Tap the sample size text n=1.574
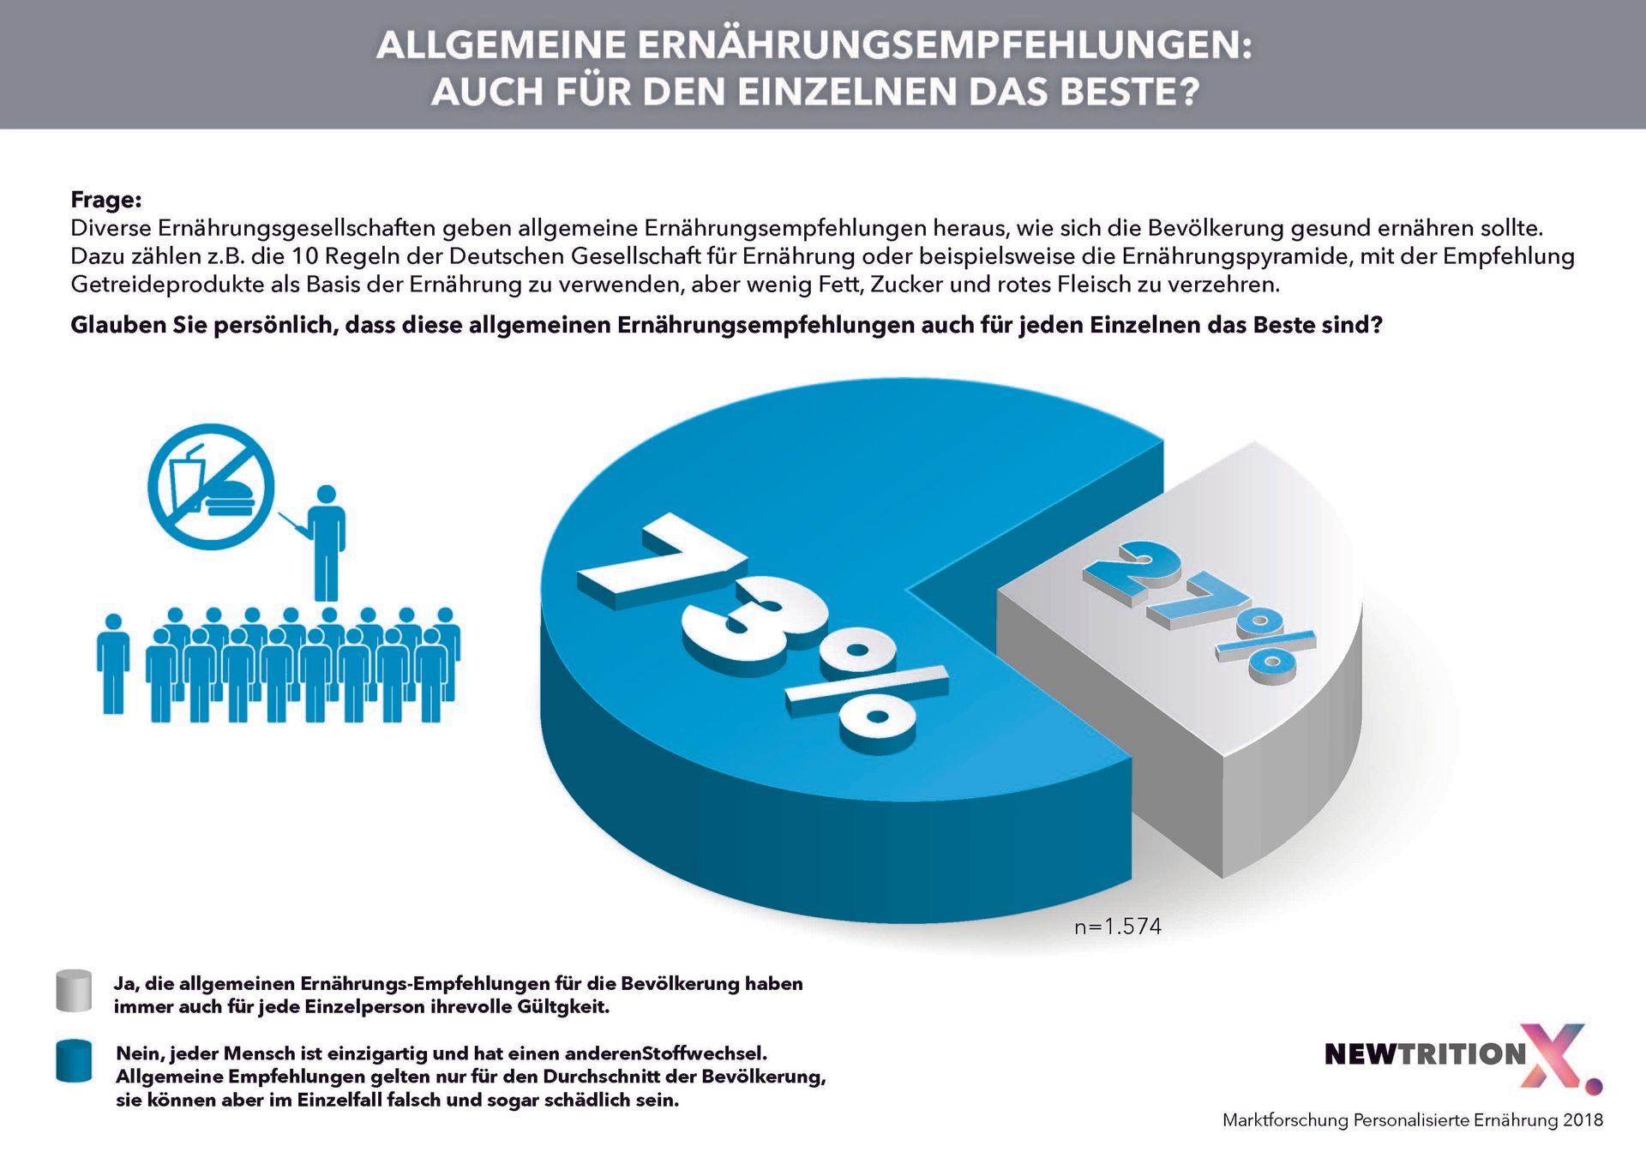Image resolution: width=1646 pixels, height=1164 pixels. pyautogui.click(x=1118, y=927)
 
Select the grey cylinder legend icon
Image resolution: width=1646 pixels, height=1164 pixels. pyautogui.click(x=74, y=991)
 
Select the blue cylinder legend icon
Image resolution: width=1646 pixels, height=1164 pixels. pyautogui.click(x=74, y=1061)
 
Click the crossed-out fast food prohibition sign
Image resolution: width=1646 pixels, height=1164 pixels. pyautogui.click(x=211, y=486)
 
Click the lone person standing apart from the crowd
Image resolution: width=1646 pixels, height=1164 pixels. pyautogui.click(x=113, y=663)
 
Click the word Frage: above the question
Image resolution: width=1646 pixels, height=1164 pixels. pyautogui.click(x=105, y=200)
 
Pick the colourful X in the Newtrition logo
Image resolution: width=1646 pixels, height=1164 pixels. pyautogui.click(x=1555, y=1056)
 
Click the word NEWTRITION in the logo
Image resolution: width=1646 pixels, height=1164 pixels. pyautogui.click(x=1425, y=1054)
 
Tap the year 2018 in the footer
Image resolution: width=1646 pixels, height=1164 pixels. pyautogui.click(x=1583, y=1120)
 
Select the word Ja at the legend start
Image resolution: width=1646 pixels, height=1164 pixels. pyautogui.click(x=125, y=984)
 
